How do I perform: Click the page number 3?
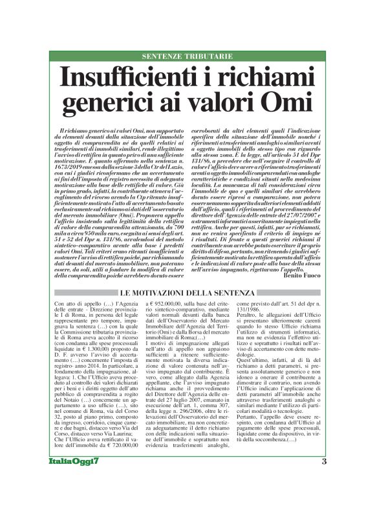tap(324, 497)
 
